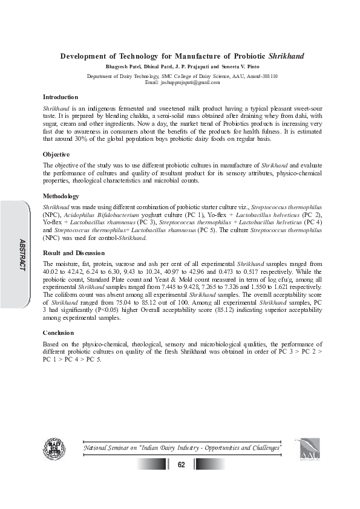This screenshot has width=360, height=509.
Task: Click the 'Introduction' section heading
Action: pos(61,97)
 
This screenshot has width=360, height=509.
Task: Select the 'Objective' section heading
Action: pos(56,155)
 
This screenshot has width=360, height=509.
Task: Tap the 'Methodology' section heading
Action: pos(61,196)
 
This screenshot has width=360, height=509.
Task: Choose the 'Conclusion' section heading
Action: pos(58,333)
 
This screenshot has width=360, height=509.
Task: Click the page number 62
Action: pos(181,464)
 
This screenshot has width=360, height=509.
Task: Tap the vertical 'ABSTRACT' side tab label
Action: pos(22,254)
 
